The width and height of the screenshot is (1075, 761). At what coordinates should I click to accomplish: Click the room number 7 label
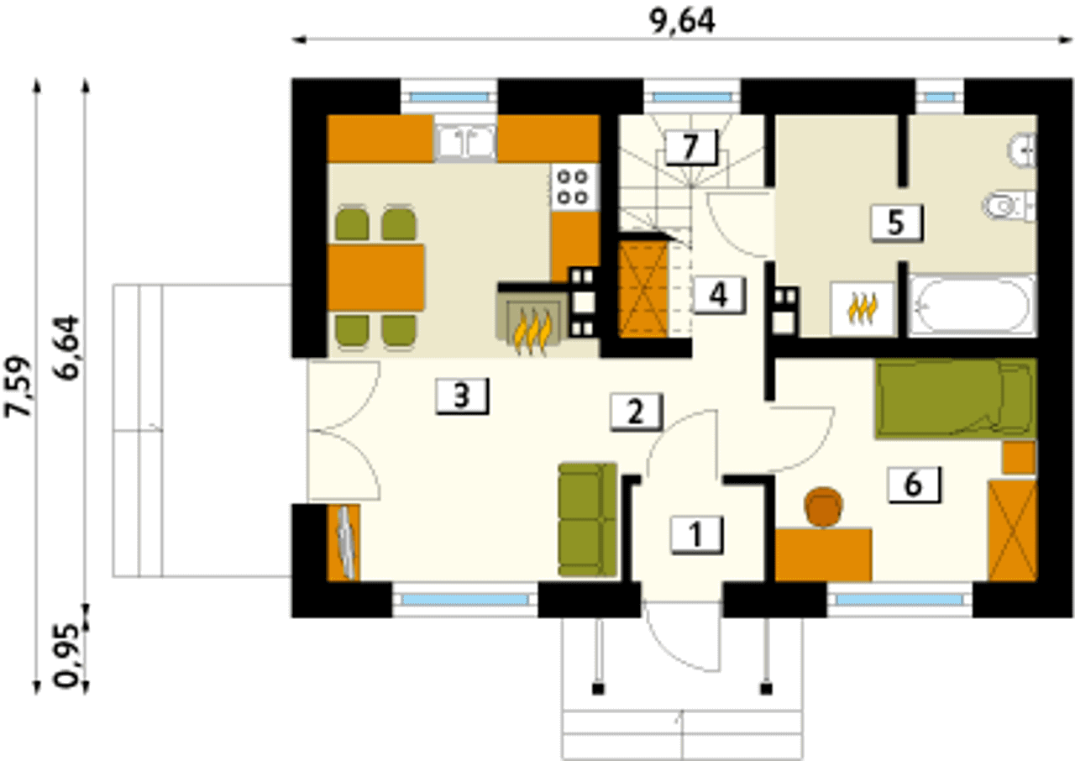point(691,147)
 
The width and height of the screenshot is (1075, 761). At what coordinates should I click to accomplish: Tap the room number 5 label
point(896,223)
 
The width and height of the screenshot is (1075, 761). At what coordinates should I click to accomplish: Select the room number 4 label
point(718,295)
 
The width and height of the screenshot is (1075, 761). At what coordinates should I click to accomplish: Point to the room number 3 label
point(462,396)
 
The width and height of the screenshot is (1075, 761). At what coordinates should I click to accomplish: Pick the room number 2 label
point(637,412)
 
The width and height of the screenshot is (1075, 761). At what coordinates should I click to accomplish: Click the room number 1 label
point(696,535)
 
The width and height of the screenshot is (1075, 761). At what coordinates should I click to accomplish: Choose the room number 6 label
point(914,485)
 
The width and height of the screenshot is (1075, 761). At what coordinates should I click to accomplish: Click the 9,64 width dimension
point(683,22)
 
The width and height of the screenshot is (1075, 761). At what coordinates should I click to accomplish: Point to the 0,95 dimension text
point(68,655)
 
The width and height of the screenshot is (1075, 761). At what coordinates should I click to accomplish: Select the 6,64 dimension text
point(68,348)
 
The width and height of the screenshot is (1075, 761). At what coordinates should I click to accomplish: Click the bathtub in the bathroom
point(972,305)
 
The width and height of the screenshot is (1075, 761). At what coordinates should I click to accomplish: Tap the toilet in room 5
point(1008,207)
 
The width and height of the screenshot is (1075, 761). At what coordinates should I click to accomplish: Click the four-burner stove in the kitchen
point(575,187)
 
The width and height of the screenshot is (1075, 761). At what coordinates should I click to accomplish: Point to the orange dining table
point(375,277)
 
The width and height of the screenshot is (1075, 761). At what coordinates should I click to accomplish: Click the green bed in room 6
point(956,399)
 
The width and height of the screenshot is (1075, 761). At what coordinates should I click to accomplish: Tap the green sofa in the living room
point(587,519)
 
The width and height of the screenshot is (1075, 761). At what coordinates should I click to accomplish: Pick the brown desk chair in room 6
point(823,506)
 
